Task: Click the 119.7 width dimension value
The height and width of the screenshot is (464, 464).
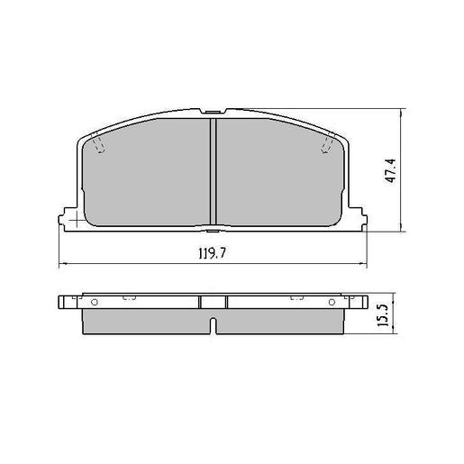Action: (x=213, y=254)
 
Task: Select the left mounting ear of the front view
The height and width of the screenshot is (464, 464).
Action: (x=67, y=219)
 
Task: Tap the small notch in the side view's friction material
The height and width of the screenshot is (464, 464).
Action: (x=213, y=325)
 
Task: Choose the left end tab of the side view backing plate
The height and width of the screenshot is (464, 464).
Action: (x=65, y=301)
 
